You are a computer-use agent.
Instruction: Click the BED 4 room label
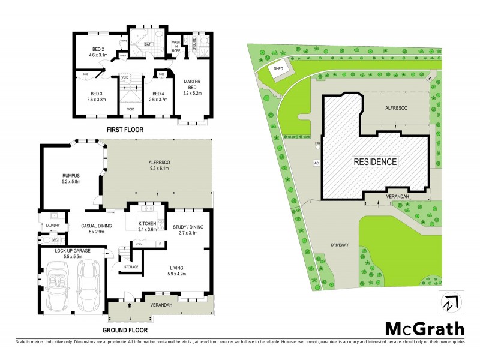(158, 94)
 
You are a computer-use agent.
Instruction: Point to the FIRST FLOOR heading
(125, 129)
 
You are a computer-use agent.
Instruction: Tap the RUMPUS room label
(71, 176)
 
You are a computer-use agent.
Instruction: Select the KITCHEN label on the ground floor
(147, 223)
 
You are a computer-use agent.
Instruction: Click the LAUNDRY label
(52, 226)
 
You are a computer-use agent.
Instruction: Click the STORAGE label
(131, 267)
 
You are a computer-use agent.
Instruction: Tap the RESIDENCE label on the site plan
(374, 161)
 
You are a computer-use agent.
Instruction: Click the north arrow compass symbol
(449, 302)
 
